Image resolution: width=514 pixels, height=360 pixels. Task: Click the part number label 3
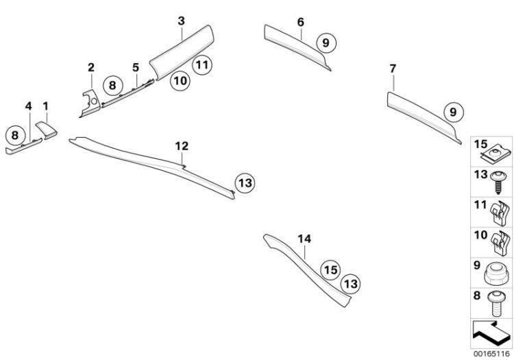181,21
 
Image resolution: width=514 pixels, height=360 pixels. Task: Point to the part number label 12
181,146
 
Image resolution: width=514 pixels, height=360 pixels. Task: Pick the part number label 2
90,67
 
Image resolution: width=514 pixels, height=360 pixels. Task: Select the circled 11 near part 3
201,66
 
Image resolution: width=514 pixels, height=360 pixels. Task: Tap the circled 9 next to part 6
326,43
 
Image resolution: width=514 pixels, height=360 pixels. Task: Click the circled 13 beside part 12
245,182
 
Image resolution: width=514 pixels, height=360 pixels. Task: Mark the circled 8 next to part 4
14,135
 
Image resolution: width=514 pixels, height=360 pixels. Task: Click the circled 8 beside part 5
112,86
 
